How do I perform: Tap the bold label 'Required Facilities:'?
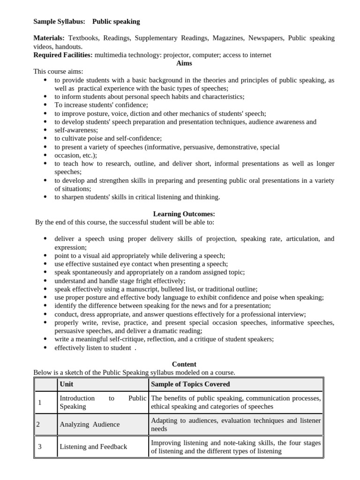click(63, 55)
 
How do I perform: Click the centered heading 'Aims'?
click(184, 63)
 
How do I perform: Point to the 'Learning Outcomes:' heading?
click(184, 214)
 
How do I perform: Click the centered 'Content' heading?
click(184, 364)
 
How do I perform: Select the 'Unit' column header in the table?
click(67, 384)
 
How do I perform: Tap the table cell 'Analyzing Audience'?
click(90, 424)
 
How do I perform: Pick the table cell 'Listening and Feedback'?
click(93, 447)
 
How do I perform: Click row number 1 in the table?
click(40, 402)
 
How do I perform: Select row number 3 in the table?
click(40, 447)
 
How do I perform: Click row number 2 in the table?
click(38, 424)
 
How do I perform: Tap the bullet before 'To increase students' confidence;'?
click(45, 105)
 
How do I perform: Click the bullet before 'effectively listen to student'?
click(45, 348)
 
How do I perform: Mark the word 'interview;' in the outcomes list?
click(291, 314)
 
